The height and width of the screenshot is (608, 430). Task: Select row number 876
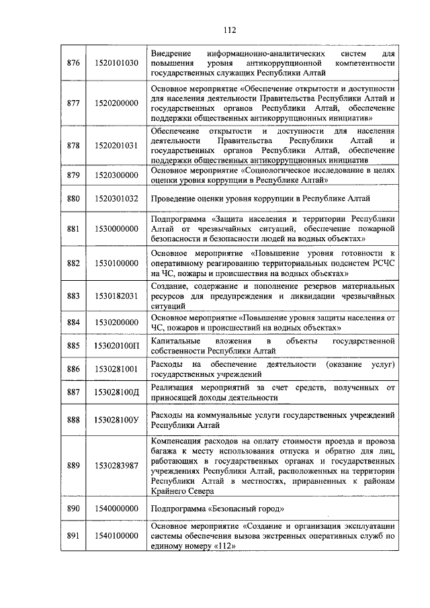74,63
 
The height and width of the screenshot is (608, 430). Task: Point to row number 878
74,145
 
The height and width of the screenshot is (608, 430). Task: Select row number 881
74,229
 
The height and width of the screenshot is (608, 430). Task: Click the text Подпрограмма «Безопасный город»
213,509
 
